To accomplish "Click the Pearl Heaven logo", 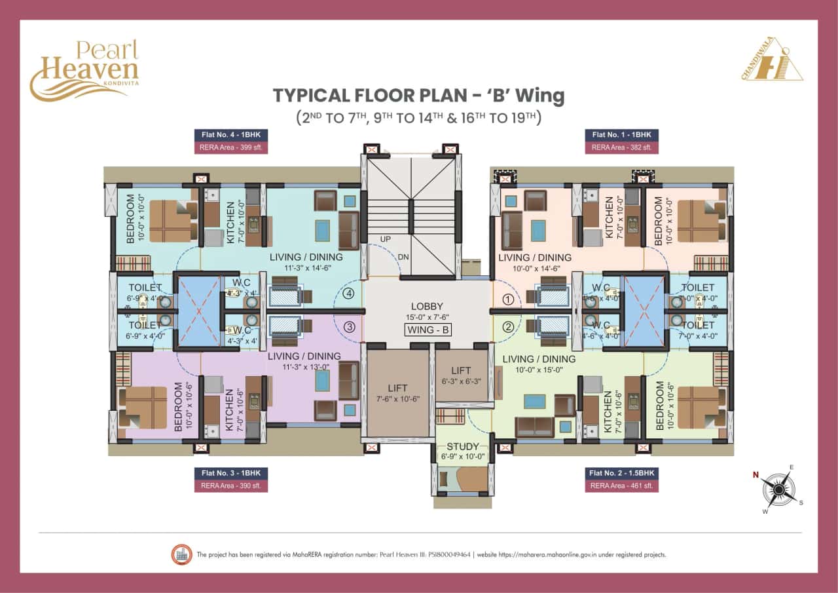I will (x=84, y=69).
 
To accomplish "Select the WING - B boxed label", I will (x=428, y=330).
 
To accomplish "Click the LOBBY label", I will (x=427, y=306).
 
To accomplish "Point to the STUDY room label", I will (x=463, y=447).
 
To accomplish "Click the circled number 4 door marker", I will (x=349, y=294).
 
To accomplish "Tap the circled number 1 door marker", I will (x=507, y=300).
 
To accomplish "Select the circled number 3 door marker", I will (x=349, y=326).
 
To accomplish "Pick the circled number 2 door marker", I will (x=507, y=326).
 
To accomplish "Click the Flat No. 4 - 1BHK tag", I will (x=230, y=135).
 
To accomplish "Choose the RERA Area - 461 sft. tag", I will (x=621, y=486).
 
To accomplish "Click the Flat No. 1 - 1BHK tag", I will (x=621, y=135).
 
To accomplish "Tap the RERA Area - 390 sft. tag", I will (x=230, y=486).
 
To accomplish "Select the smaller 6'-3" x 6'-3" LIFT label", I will (x=461, y=376).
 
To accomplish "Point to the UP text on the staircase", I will (x=386, y=239).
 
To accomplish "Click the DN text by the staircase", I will (x=403, y=257).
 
